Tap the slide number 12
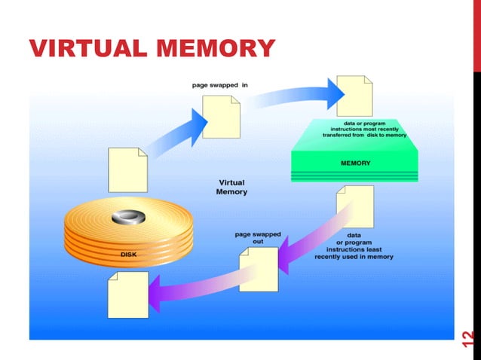tap(467, 339)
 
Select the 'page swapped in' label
tap(219, 85)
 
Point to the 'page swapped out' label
tap(257, 238)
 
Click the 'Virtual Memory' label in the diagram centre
tap(231, 187)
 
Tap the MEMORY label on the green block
tap(354, 162)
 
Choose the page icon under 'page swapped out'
tap(258, 269)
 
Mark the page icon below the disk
tap(127, 294)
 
